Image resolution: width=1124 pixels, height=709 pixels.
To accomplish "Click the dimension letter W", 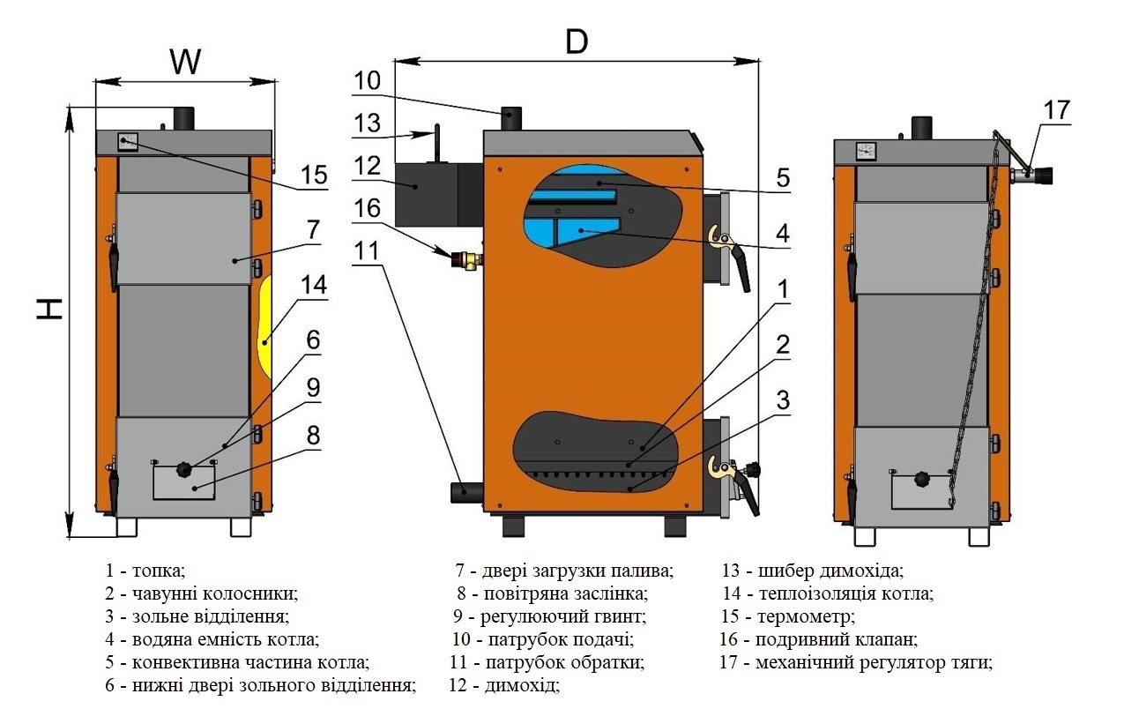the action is click(185, 62).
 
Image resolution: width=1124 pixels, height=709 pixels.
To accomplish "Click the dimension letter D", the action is click(577, 42).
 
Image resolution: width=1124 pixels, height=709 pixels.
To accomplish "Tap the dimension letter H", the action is click(49, 309).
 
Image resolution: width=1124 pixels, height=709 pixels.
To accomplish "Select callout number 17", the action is click(1057, 110).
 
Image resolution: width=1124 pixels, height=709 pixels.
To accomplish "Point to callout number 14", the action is click(314, 284).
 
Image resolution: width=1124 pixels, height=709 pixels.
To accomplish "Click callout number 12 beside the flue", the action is click(367, 166).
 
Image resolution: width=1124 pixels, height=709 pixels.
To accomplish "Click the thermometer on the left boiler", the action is click(128, 141).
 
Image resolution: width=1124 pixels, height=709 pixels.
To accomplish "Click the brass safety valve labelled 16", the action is click(467, 260).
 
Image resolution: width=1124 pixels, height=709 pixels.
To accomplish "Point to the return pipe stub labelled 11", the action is click(466, 492).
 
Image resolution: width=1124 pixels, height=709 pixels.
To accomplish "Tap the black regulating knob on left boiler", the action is click(183, 470).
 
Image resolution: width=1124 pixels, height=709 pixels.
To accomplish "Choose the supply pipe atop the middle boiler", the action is click(510, 119).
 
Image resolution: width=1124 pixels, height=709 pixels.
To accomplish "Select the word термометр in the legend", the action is click(806, 616).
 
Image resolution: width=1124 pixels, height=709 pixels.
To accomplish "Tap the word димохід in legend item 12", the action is click(522, 685).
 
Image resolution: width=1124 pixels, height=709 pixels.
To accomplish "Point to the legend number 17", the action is click(729, 662).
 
